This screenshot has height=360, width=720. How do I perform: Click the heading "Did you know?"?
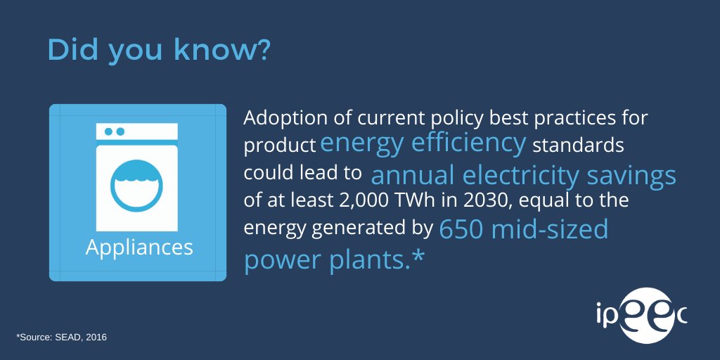(158, 51)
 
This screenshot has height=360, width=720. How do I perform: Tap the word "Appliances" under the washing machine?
(139, 247)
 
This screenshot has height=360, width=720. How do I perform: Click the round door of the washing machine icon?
(136, 185)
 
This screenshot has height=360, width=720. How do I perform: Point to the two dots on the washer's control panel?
(114, 131)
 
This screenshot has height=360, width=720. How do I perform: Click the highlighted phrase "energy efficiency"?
(423, 143)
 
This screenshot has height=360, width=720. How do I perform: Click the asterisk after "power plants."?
(418, 257)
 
